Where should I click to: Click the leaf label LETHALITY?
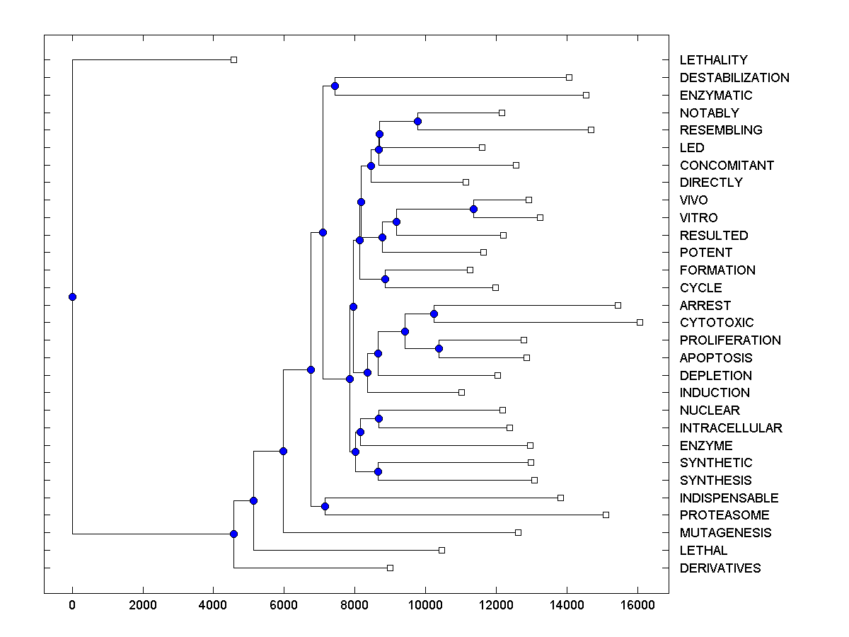pyautogui.click(x=713, y=60)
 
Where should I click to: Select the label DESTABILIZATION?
pyautogui.click(x=734, y=78)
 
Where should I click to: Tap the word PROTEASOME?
pyautogui.click(x=724, y=515)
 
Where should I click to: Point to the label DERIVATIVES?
pyautogui.click(x=720, y=568)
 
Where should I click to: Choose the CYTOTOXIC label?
pyautogui.click(x=717, y=323)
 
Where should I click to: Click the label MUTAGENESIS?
pyautogui.click(x=725, y=533)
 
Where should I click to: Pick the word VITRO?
pyautogui.click(x=698, y=218)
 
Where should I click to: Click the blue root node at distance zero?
pyautogui.click(x=72, y=297)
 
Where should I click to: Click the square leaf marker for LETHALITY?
pyautogui.click(x=234, y=60)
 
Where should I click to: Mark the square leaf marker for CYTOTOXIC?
pyautogui.click(x=640, y=322)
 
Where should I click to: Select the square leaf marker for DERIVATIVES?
pyautogui.click(x=390, y=568)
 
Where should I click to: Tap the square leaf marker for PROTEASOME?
pyautogui.click(x=606, y=515)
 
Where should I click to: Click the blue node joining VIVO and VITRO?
pyautogui.click(x=473, y=209)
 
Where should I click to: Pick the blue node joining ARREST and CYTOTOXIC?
pyautogui.click(x=434, y=314)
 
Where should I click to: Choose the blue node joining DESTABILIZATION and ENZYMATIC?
pyautogui.click(x=335, y=86)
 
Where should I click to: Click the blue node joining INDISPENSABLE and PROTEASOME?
pyautogui.click(x=325, y=506)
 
